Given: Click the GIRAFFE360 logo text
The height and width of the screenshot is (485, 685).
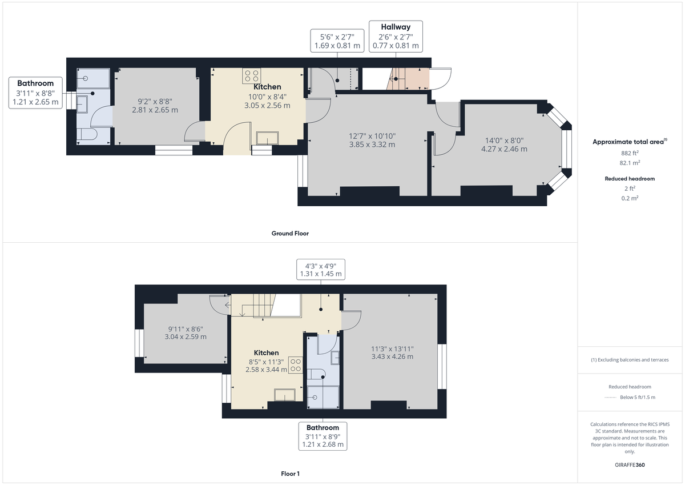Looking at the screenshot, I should [x=631, y=465].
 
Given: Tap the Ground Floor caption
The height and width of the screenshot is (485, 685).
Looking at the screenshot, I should [x=290, y=233].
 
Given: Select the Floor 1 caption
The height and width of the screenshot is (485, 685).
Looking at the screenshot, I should [x=290, y=474].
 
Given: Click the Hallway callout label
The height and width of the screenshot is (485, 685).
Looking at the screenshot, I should [x=396, y=36].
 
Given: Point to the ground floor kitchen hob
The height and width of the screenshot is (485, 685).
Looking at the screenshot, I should [x=252, y=75].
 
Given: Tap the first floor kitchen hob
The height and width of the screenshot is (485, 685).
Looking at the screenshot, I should [x=296, y=364].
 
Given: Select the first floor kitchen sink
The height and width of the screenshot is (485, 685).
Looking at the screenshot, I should [x=284, y=395].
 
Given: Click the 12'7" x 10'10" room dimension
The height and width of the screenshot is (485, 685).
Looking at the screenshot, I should [x=372, y=140].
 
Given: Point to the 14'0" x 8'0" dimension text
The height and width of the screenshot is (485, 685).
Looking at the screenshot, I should [x=504, y=145].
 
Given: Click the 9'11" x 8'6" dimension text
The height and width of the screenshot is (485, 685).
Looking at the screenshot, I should [x=186, y=332].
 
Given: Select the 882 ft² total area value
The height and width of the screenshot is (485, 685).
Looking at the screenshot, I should [x=630, y=153].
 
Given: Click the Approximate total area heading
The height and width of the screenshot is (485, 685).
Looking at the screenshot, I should [x=630, y=142].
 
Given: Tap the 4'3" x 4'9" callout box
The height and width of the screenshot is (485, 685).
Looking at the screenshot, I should [x=321, y=269].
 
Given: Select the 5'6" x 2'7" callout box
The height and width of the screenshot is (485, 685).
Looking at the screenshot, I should [x=337, y=40].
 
